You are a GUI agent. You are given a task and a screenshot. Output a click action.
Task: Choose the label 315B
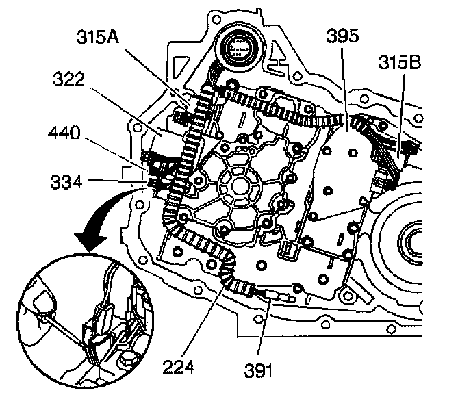pos(398,64)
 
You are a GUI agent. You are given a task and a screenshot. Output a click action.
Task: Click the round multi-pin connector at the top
pos(240,51)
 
